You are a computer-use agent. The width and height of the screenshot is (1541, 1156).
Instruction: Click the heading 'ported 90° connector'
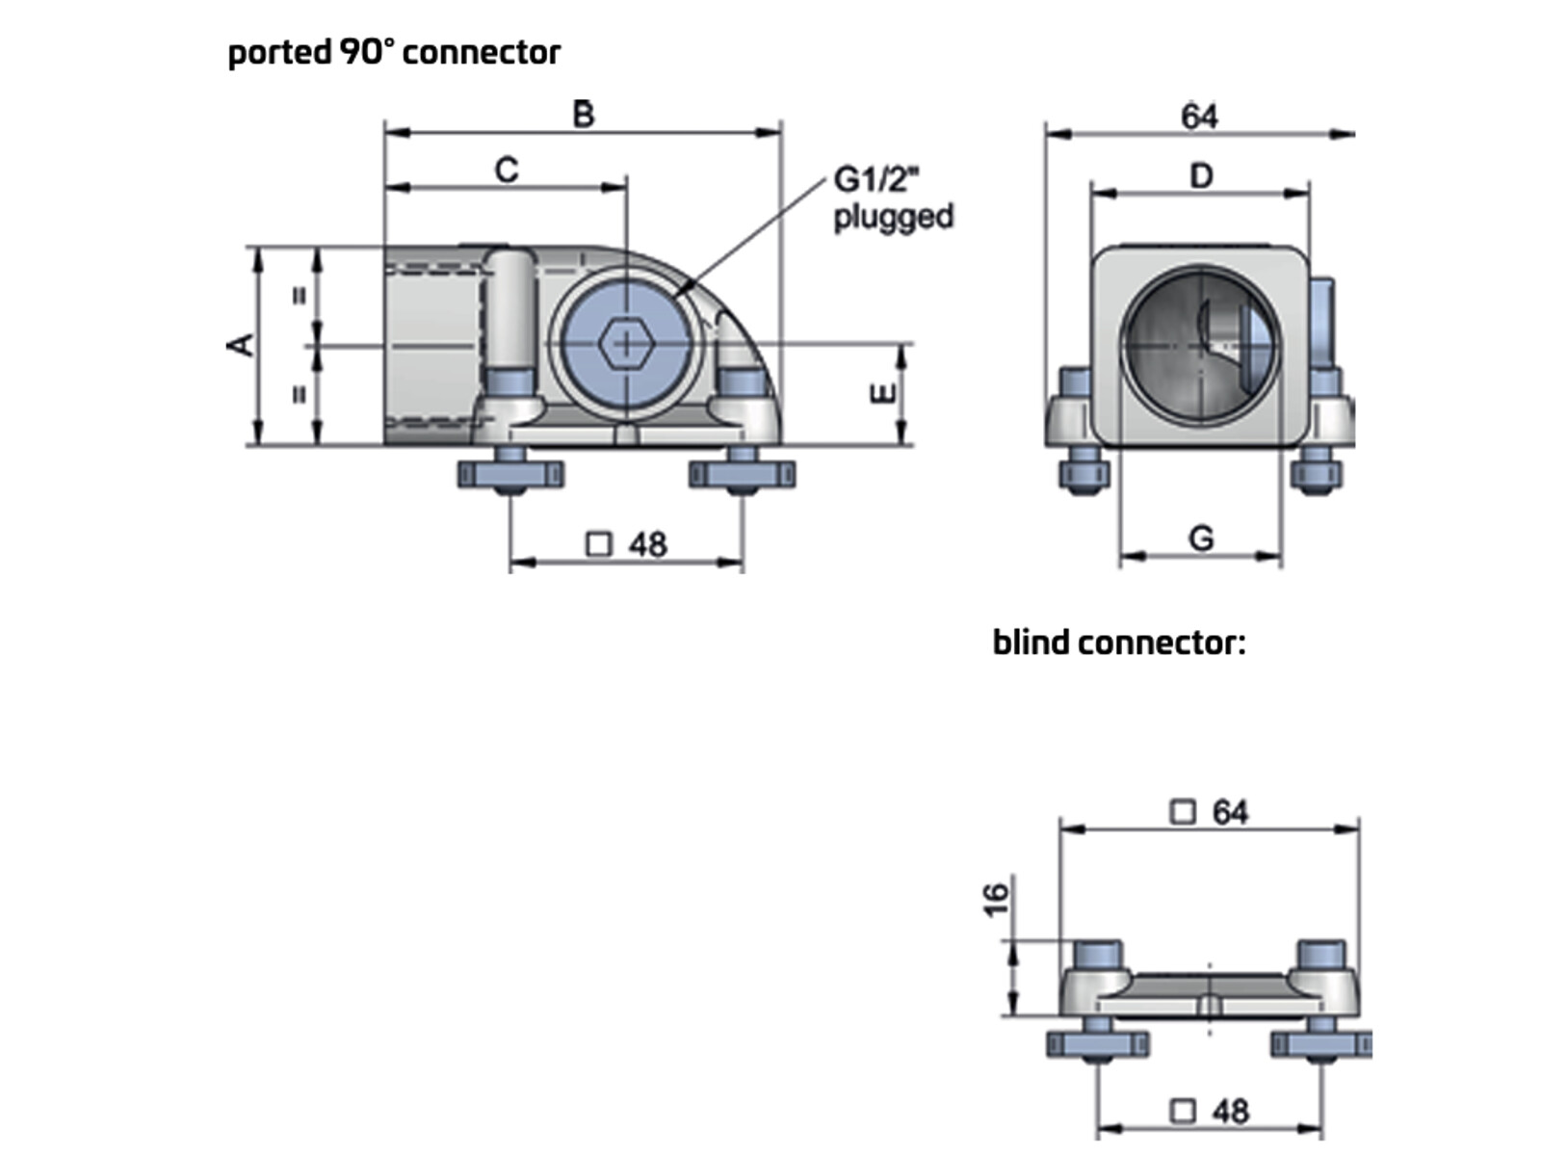395,53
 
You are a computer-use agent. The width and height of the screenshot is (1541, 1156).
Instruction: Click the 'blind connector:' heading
1119,643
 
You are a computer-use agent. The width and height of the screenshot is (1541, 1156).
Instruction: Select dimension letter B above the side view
584,114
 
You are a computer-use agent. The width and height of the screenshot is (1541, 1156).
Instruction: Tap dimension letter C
507,170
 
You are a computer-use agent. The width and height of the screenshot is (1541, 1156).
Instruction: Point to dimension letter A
241,345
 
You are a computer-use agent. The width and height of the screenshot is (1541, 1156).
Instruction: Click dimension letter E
882,393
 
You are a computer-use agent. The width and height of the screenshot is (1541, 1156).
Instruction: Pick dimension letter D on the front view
1201,175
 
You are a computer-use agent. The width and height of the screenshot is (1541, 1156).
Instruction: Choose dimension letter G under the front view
1201,539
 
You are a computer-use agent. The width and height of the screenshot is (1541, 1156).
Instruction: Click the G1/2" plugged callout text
893,197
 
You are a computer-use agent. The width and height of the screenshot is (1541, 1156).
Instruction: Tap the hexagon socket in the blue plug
625,345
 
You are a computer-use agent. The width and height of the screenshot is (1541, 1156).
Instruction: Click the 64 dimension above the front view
1200,116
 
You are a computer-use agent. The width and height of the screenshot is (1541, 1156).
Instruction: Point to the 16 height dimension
996,899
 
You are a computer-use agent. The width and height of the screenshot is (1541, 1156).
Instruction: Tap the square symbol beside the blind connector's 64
1183,812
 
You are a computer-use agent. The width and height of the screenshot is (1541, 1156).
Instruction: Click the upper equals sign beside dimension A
300,297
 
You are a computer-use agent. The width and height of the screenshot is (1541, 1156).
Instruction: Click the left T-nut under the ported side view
510,475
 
